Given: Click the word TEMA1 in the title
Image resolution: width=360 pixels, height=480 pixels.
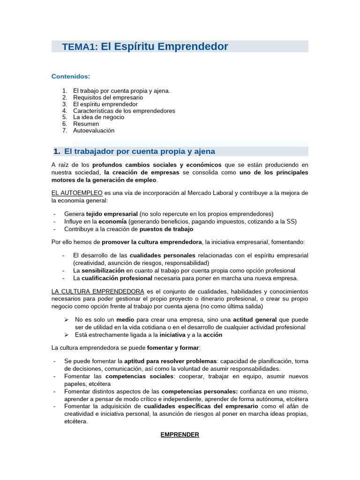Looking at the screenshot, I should [79, 47].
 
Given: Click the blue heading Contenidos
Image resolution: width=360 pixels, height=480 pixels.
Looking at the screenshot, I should [70, 76].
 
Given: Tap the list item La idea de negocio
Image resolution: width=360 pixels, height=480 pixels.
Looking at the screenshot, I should [99, 117].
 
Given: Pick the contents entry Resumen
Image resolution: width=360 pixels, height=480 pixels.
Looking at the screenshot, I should [86, 124].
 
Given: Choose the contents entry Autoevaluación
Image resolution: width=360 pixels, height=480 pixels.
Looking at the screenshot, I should [94, 130].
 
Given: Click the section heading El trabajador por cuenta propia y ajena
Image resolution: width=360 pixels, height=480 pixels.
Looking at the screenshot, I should [139, 151].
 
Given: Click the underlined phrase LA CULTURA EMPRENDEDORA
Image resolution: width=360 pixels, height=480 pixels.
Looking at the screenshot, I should [97, 292].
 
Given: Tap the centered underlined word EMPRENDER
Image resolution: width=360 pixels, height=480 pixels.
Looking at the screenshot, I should [180, 435].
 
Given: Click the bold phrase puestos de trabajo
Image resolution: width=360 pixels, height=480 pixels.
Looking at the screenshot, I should [166, 229].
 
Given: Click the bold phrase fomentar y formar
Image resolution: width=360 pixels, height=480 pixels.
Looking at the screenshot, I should [173, 348].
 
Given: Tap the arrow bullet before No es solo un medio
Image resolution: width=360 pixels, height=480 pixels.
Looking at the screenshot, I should [66, 320].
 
